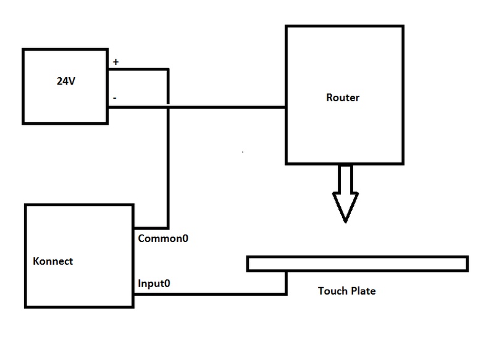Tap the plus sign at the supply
116,62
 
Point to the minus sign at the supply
115,98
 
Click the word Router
343,98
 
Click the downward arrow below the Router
345,191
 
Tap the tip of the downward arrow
345,220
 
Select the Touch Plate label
346,290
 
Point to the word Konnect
52,261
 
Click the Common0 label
163,238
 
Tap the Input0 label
154,284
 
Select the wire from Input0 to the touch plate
210,293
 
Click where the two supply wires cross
168,107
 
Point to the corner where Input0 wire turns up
286,293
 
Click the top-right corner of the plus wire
168,69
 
